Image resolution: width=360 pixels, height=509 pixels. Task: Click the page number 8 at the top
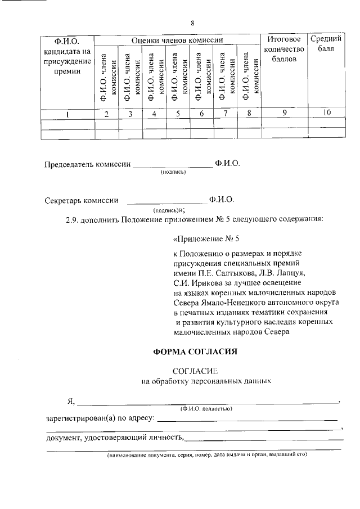tap(192, 23)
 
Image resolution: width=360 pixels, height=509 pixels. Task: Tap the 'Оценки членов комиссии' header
tap(177, 40)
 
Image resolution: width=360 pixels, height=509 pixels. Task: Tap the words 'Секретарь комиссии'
tap(82, 200)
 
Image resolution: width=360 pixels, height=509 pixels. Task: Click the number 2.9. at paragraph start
tap(74, 219)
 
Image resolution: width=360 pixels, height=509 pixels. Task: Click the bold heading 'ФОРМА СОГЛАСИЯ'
tap(195, 352)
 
